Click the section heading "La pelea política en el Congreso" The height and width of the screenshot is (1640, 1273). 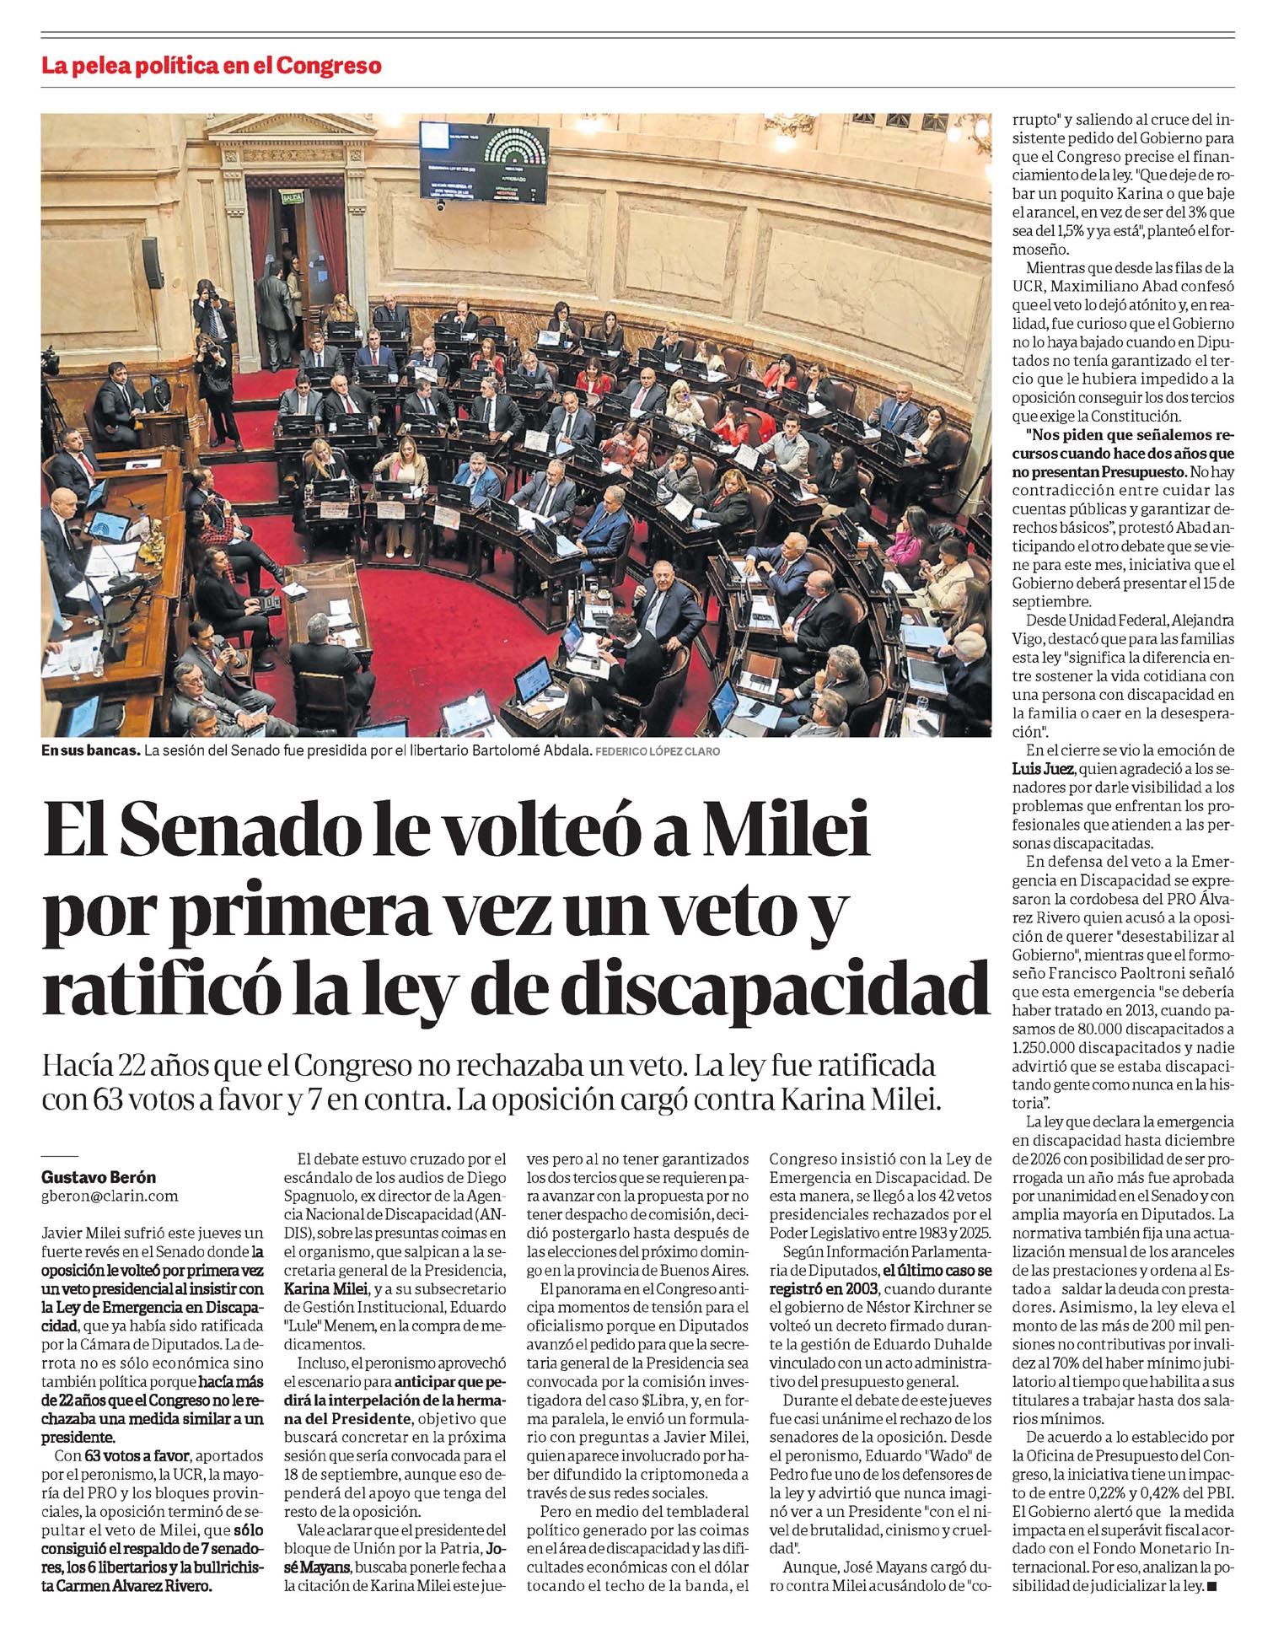pos(212,66)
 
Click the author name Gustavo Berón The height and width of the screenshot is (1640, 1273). pos(99,1177)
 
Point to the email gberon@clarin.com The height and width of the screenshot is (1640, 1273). pos(110,1196)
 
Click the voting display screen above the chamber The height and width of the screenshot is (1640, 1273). pos(484,159)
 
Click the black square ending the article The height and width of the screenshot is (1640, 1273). pos(1212,1587)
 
